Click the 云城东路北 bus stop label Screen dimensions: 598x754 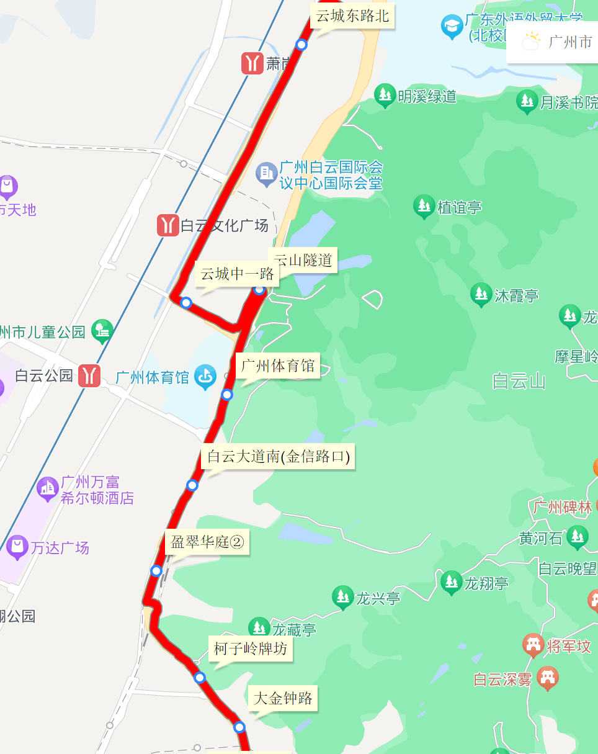(352, 16)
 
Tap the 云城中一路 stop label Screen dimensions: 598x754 (237, 274)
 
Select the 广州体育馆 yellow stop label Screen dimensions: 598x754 (277, 366)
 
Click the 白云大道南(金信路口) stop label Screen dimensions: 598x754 (278, 457)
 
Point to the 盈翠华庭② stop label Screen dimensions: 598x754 (207, 543)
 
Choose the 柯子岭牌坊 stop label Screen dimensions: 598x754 (251, 649)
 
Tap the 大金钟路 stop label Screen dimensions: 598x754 (283, 698)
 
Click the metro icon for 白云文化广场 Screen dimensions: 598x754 (168, 225)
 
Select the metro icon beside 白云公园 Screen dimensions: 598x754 (89, 375)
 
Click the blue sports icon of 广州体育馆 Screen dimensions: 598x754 (205, 377)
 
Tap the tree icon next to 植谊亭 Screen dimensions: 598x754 (424, 207)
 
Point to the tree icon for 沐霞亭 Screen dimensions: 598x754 (481, 295)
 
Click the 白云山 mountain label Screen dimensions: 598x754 (519, 380)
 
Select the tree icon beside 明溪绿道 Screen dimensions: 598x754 (385, 96)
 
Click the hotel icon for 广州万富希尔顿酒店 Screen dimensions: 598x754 (48, 488)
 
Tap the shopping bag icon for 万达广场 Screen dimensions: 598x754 (17, 547)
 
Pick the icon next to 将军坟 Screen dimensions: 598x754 (533, 646)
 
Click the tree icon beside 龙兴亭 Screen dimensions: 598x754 (342, 598)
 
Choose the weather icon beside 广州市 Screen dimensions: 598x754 (531, 42)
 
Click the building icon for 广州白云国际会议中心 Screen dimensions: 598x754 (266, 173)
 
